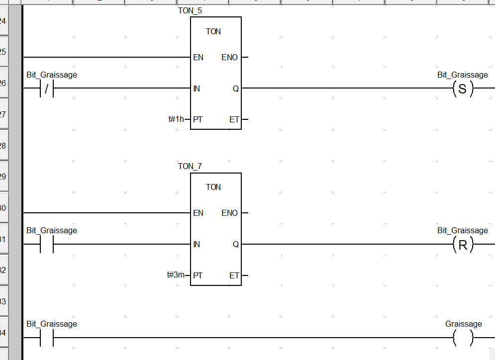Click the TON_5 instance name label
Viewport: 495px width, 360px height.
190,10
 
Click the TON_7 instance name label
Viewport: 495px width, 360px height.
190,166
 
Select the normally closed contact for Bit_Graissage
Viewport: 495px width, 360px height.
46,89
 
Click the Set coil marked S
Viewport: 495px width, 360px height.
463,89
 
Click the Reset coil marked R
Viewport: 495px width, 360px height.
463,245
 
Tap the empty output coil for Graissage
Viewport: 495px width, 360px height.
463,338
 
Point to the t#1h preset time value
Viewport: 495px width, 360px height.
176,119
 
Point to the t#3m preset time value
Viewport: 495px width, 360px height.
176,275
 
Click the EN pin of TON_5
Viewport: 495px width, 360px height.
198,58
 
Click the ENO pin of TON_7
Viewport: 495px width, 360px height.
229,213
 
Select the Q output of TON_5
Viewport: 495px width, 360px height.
235,89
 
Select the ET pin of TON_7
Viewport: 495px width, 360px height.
234,275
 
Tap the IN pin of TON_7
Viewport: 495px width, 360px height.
197,244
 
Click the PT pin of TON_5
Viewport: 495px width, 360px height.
198,119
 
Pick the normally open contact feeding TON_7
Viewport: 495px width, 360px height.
46,244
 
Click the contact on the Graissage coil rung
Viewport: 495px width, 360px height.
46,338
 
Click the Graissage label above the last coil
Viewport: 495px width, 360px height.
463,324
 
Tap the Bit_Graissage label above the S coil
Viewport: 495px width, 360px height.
463,75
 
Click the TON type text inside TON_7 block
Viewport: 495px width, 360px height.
213,187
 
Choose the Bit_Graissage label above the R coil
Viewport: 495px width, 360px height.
463,231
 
